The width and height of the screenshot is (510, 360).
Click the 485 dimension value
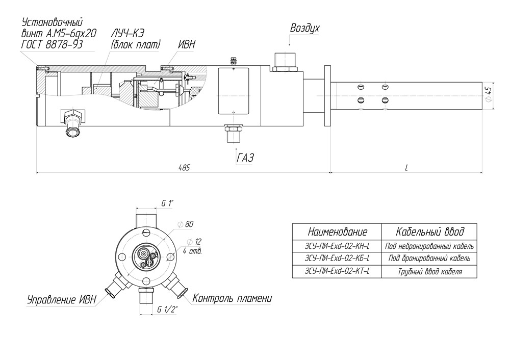pyautogui.click(x=184, y=167)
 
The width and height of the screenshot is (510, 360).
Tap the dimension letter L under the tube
pyautogui.click(x=406, y=167)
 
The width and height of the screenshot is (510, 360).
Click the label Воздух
pyautogui.click(x=305, y=28)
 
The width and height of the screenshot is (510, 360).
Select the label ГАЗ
pyautogui.click(x=245, y=158)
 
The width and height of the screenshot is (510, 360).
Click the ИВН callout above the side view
pyautogui.click(x=186, y=44)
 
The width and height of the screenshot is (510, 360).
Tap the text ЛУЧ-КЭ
pyautogui.click(x=127, y=33)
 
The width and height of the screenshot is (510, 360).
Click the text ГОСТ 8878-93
pyautogui.click(x=52, y=44)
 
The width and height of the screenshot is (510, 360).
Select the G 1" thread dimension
pyautogui.click(x=167, y=203)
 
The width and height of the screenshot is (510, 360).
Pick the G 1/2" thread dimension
pyautogui.click(x=167, y=310)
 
